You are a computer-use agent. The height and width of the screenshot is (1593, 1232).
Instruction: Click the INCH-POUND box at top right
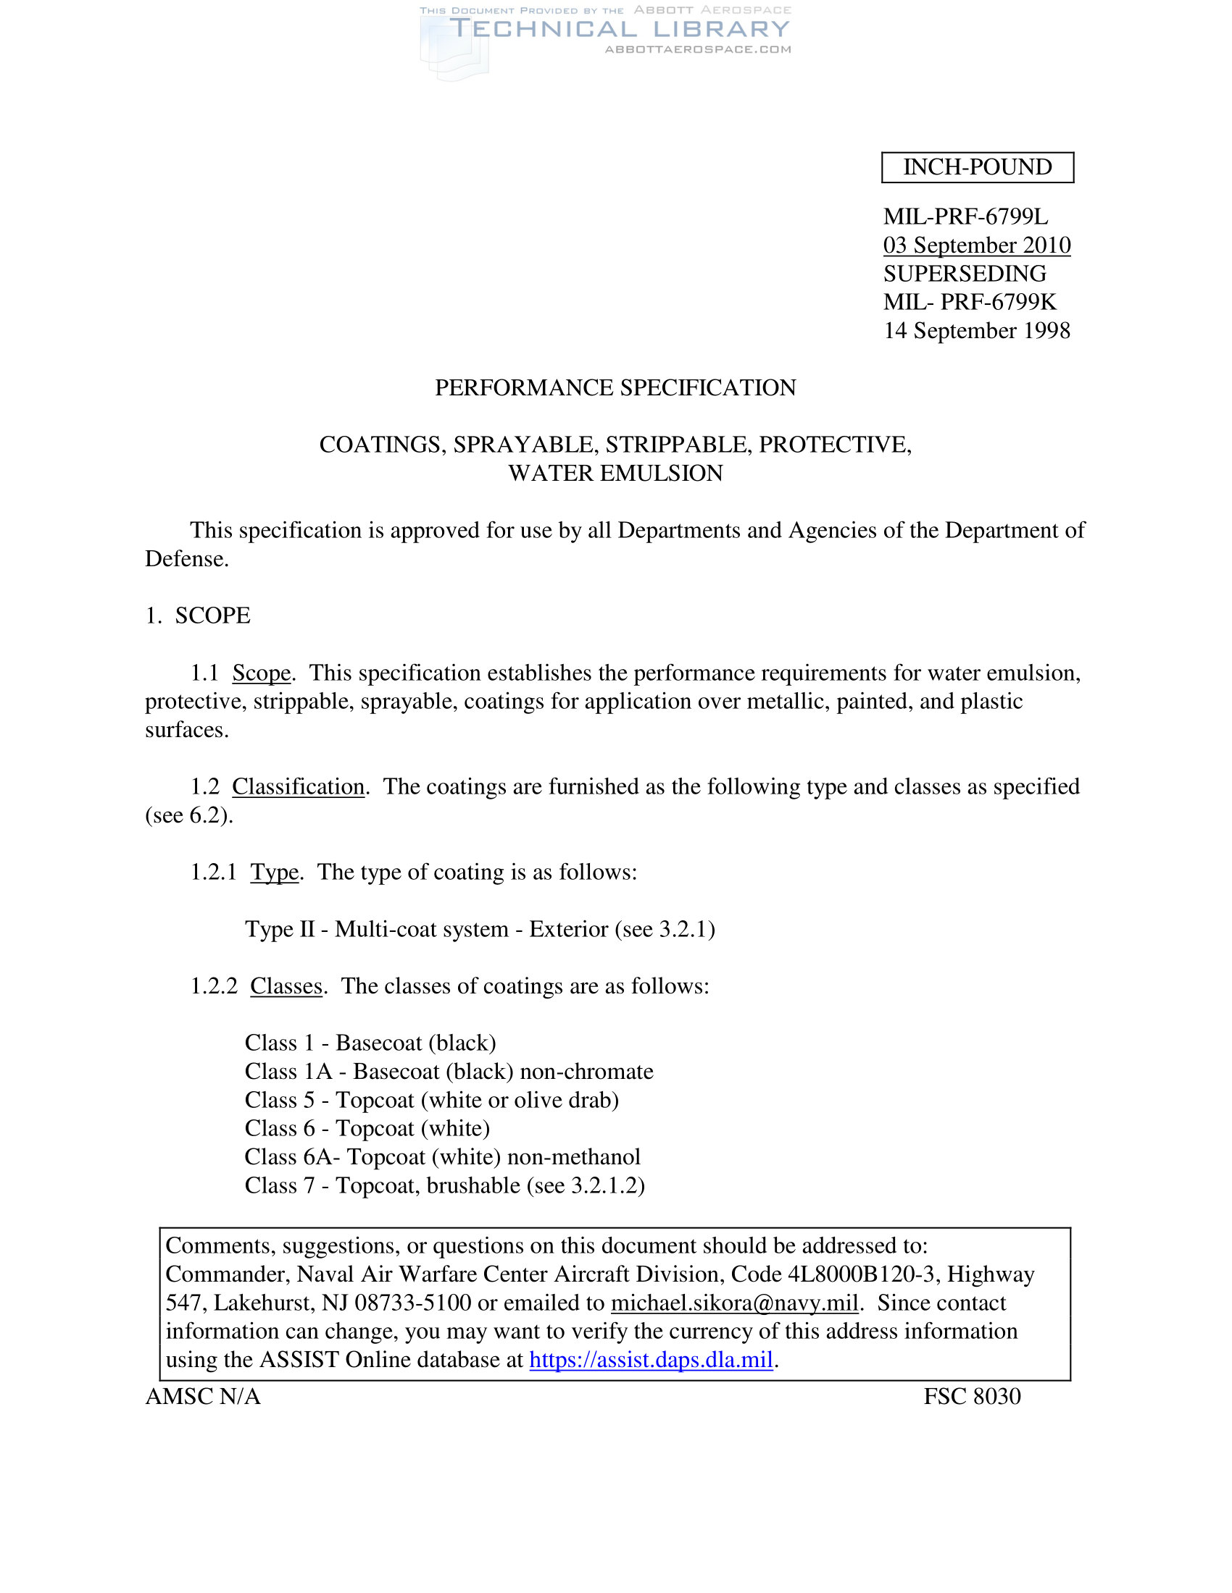pyautogui.click(x=978, y=167)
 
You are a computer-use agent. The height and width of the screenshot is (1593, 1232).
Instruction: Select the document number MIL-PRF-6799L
pyautogui.click(x=965, y=217)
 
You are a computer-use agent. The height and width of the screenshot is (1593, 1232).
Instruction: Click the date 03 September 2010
pyautogui.click(x=977, y=245)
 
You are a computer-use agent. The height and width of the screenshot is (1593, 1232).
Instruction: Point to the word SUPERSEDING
pyautogui.click(x=964, y=274)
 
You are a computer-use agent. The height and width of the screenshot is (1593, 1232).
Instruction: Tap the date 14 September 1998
pyautogui.click(x=977, y=330)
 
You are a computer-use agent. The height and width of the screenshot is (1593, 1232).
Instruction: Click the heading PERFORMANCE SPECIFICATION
pyautogui.click(x=615, y=387)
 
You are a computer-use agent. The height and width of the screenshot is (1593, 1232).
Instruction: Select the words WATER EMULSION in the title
pyautogui.click(x=615, y=474)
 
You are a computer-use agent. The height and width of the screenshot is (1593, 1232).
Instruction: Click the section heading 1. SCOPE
pyautogui.click(x=198, y=615)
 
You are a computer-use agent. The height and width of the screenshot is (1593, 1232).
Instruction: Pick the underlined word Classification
pyautogui.click(x=299, y=786)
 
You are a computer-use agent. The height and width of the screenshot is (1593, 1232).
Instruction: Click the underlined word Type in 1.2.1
pyautogui.click(x=275, y=872)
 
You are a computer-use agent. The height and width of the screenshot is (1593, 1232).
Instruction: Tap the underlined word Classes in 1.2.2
pyautogui.click(x=286, y=986)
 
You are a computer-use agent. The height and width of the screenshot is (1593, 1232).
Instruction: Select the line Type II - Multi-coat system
pyautogui.click(x=480, y=929)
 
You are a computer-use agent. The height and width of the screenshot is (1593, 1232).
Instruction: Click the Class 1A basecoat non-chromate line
pyautogui.click(x=449, y=1072)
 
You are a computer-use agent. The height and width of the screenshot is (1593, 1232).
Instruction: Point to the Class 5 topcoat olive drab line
pyautogui.click(x=431, y=1100)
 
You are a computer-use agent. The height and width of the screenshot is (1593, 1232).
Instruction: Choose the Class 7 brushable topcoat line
pyautogui.click(x=444, y=1185)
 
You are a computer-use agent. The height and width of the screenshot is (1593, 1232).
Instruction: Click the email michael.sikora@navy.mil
pyautogui.click(x=733, y=1303)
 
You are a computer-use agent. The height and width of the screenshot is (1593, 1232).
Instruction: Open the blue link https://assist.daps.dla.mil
pyautogui.click(x=650, y=1360)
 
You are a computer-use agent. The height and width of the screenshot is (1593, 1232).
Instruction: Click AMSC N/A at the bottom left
pyautogui.click(x=203, y=1396)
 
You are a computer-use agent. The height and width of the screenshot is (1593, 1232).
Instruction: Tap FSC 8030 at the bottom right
pyautogui.click(x=971, y=1396)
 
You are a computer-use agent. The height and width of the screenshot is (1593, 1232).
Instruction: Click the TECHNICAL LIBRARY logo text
pyautogui.click(x=619, y=29)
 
